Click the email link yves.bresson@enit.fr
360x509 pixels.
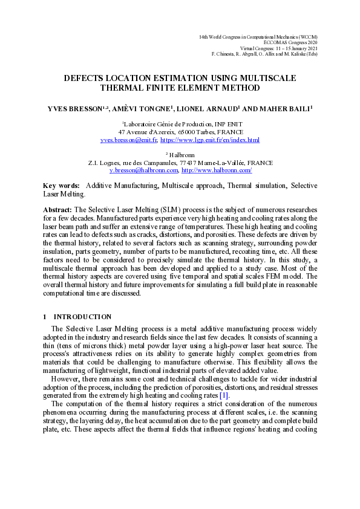(x=129, y=140)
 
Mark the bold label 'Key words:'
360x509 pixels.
(x=61, y=186)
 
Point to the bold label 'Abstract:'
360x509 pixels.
(x=57, y=209)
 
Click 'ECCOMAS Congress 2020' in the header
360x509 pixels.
(x=291, y=43)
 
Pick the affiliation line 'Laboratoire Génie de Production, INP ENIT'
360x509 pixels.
(x=180, y=124)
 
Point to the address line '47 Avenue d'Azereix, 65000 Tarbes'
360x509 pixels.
(x=180, y=132)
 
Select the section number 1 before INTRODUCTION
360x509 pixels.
(x=45, y=317)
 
